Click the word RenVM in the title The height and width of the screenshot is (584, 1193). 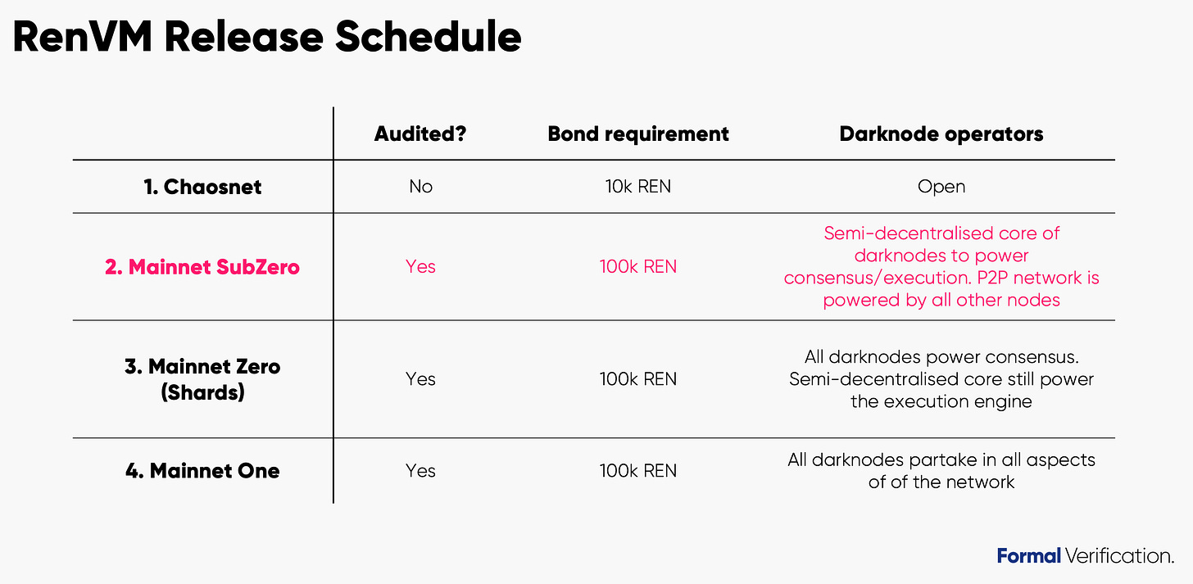[x=82, y=37]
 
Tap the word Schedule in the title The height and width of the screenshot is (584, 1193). [x=428, y=37]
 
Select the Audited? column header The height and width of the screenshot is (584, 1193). [x=420, y=134]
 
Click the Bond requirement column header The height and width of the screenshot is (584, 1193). [x=638, y=134]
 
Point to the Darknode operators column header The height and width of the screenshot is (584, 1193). [x=941, y=134]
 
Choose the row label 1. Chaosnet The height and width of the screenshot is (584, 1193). [x=202, y=187]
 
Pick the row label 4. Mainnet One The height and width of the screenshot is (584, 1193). [x=202, y=471]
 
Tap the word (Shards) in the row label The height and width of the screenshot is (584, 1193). [x=202, y=392]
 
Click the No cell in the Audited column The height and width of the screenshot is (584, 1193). [x=421, y=186]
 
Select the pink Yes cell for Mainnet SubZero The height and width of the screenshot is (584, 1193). [x=421, y=266]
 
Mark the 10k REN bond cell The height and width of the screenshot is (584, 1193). [x=638, y=186]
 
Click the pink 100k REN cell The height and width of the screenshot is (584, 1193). [x=638, y=266]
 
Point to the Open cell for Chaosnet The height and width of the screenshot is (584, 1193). [x=941, y=187]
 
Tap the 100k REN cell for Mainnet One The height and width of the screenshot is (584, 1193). [x=638, y=471]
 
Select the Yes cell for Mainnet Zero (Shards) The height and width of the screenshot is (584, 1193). [x=421, y=379]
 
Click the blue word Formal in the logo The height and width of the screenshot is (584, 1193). [x=1028, y=556]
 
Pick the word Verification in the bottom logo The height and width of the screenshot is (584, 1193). [x=1119, y=556]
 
